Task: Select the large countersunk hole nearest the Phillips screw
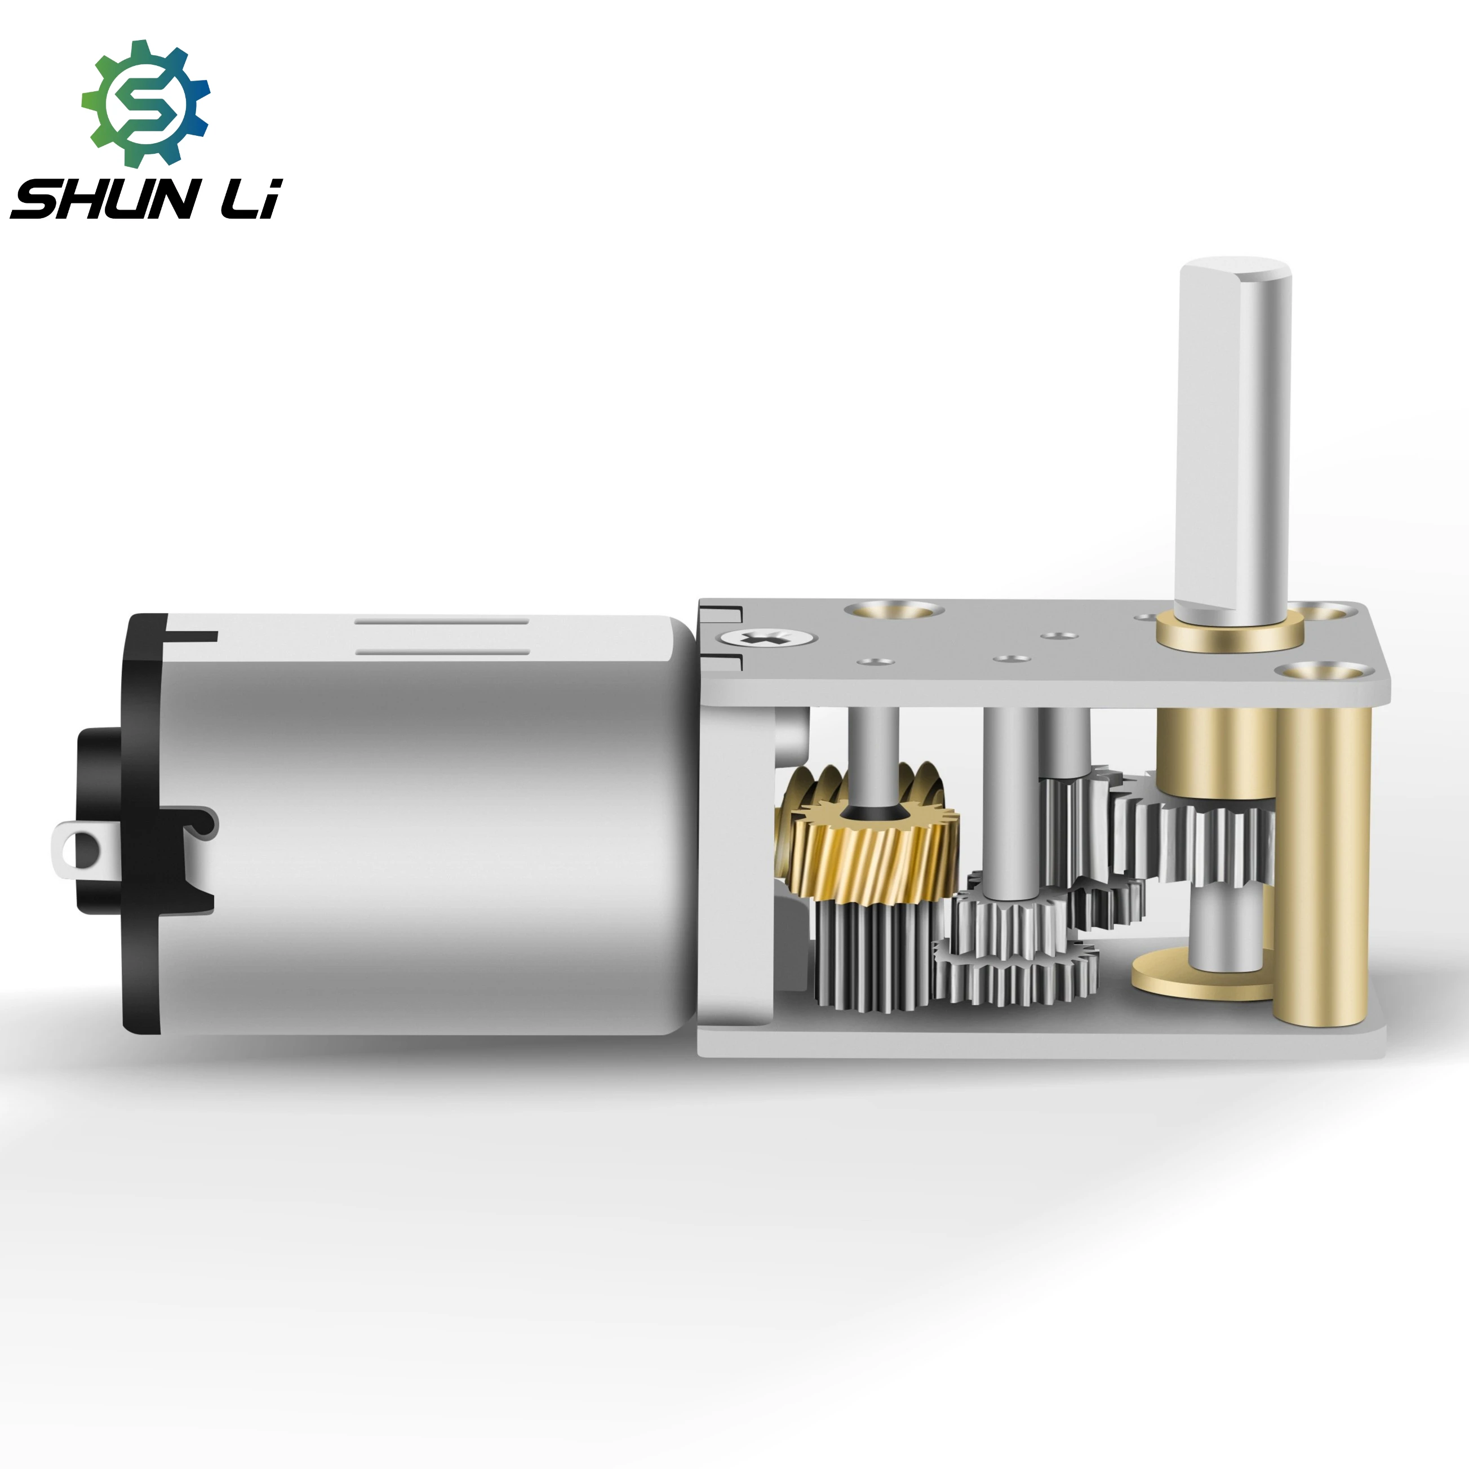(x=894, y=610)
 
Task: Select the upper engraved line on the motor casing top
(x=442, y=621)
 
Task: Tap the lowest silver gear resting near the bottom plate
(x=1015, y=977)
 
